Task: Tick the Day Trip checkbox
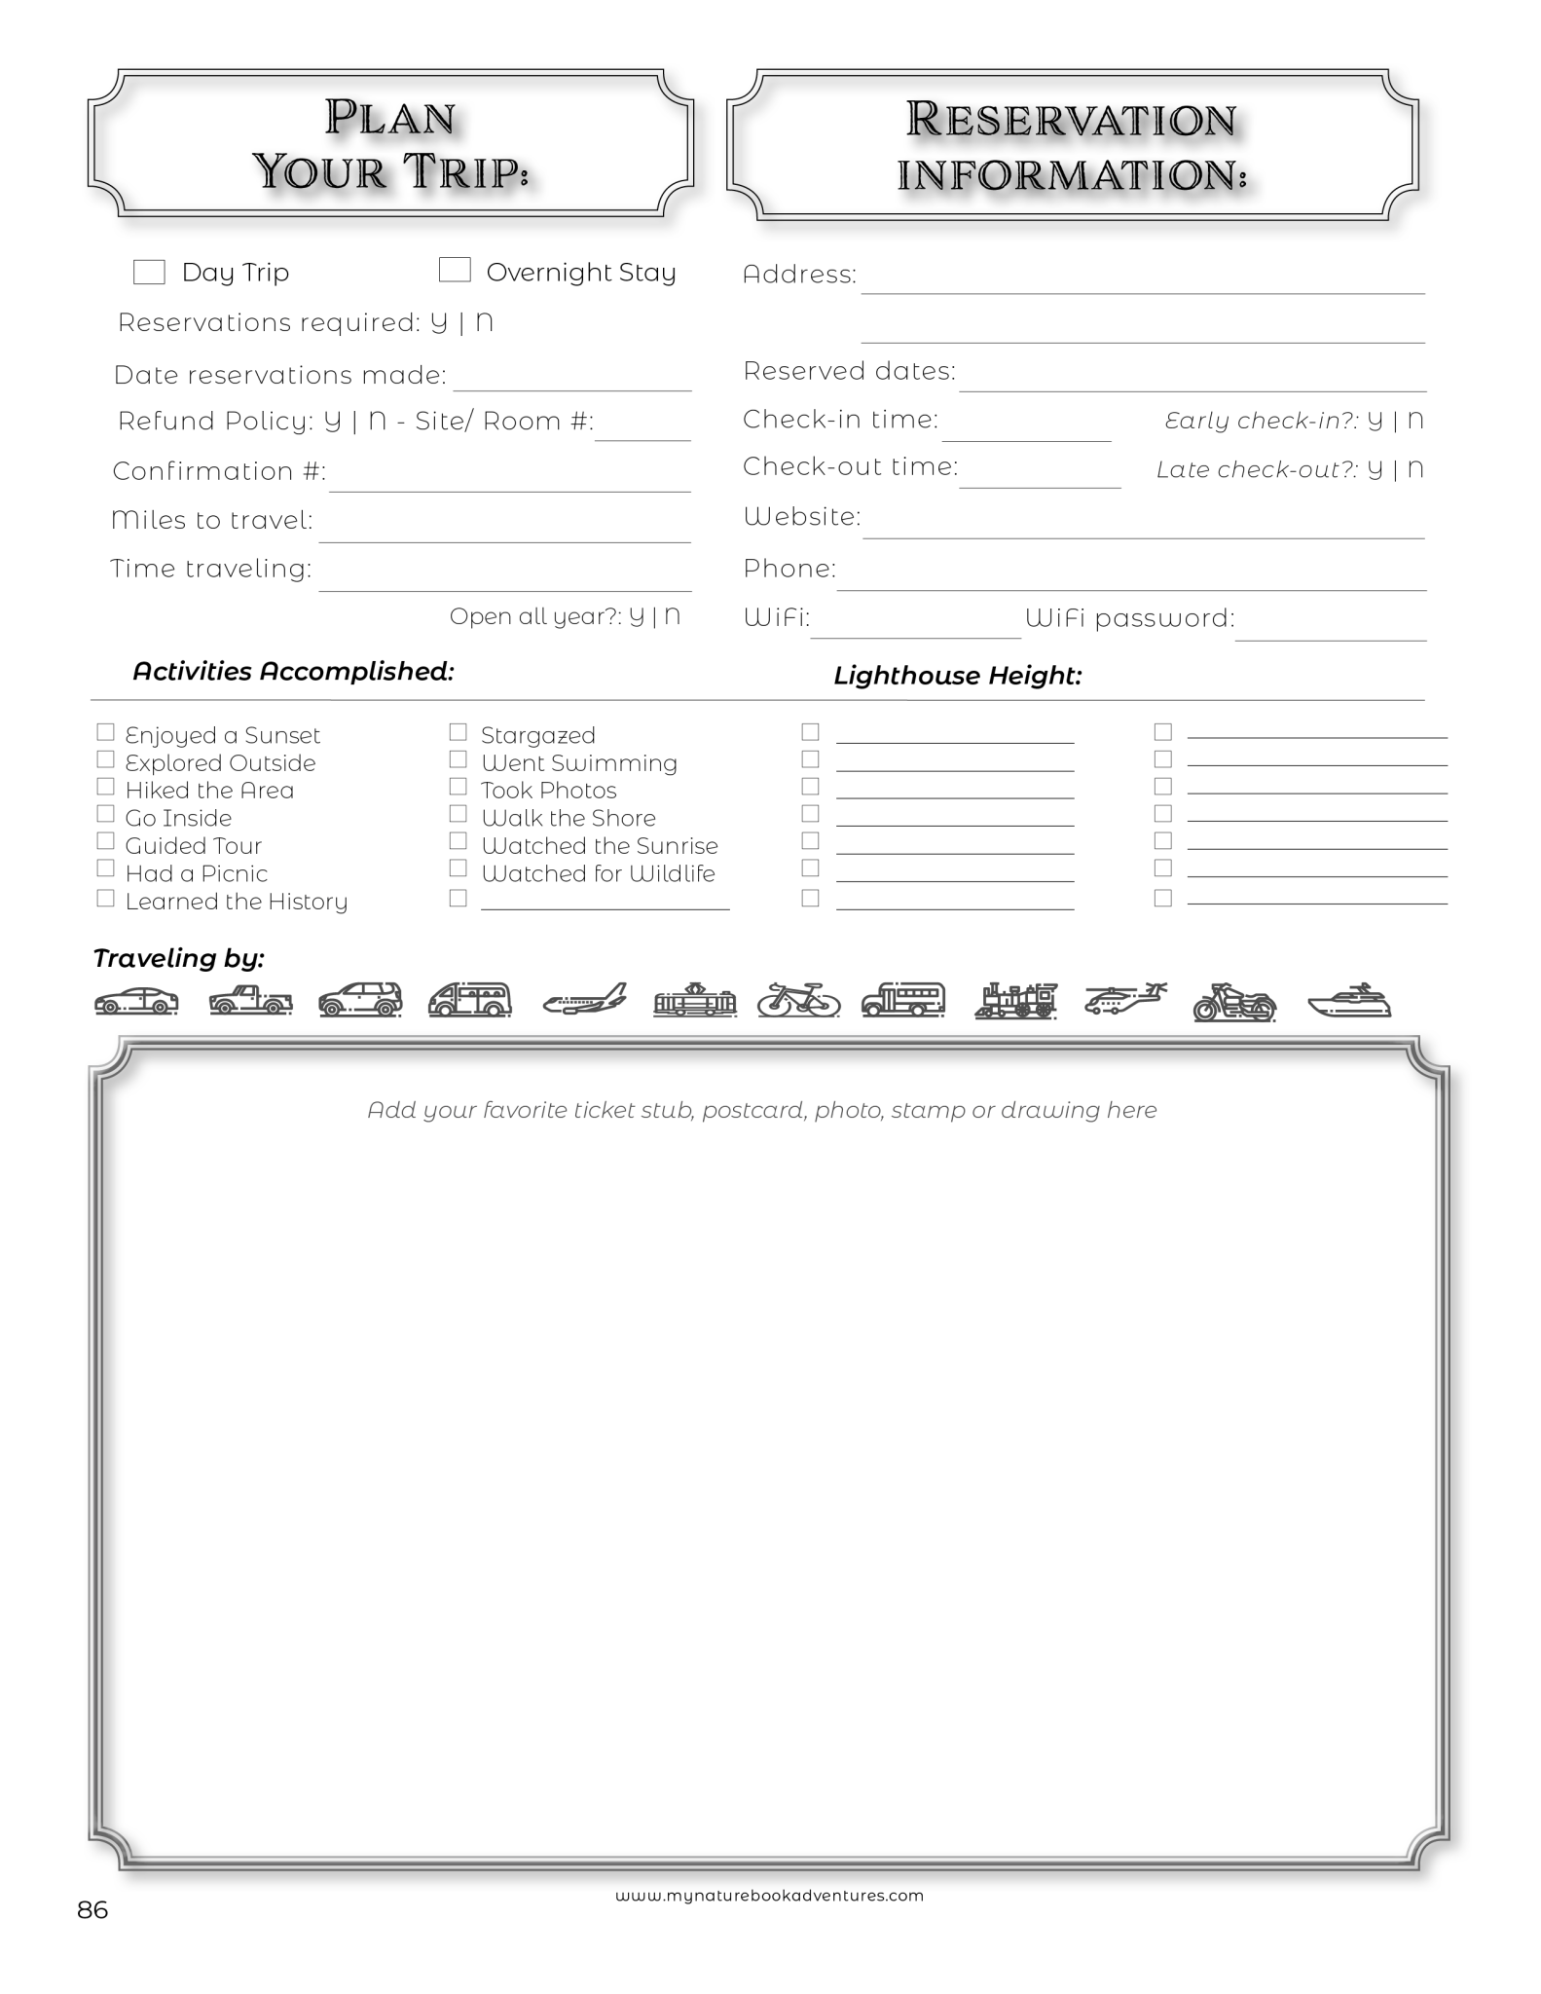149,272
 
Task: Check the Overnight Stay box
455,270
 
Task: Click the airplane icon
585,1000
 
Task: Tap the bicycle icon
798,999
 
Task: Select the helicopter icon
1124,999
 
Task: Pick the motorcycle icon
1234,1001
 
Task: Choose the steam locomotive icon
1015,1000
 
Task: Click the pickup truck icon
251,1000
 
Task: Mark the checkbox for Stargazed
459,732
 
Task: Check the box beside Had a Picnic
106,868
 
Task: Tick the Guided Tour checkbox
106,841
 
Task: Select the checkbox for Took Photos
459,787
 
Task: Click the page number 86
92,1910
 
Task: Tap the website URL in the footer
769,1896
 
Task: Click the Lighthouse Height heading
958,676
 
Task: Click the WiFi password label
1129,618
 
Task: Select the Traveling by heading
179,958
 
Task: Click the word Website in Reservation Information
801,516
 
